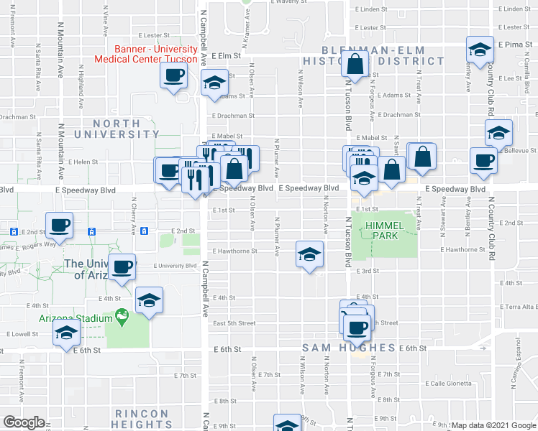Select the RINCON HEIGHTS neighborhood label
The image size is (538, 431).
point(142,420)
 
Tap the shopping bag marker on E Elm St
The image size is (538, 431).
point(357,65)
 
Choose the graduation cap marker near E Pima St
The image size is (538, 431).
point(480,50)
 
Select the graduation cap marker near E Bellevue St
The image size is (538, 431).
point(498,132)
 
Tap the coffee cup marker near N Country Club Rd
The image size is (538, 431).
point(483,159)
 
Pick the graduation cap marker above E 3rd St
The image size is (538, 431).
point(310,255)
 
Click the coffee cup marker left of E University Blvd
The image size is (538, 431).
point(122,267)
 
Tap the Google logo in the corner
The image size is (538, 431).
point(23,422)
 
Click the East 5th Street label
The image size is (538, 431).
point(233,323)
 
